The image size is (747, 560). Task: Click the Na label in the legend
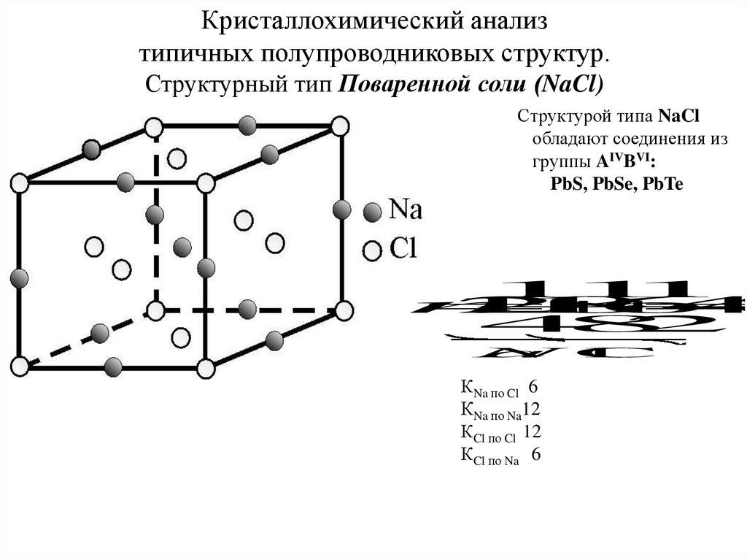coord(406,210)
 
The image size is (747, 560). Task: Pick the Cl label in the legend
coord(403,249)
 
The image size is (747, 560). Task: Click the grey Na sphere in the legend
coord(373,212)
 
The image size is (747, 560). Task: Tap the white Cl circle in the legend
coord(373,250)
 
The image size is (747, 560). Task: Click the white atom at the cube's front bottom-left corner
coord(20,365)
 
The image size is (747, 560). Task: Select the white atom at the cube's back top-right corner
coord(340,126)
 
